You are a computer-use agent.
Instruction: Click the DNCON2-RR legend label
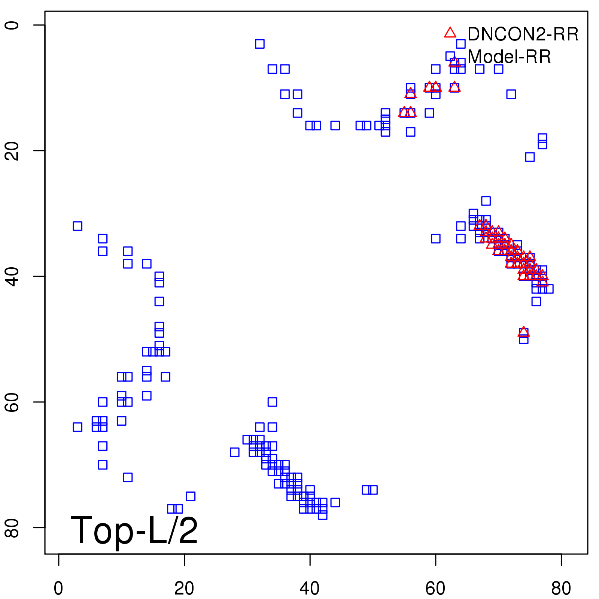pyautogui.click(x=523, y=34)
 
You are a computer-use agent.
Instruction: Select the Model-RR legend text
pyautogui.click(x=509, y=57)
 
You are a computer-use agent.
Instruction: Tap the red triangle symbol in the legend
pyautogui.click(x=450, y=33)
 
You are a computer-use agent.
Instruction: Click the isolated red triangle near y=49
pyautogui.click(x=523, y=332)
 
